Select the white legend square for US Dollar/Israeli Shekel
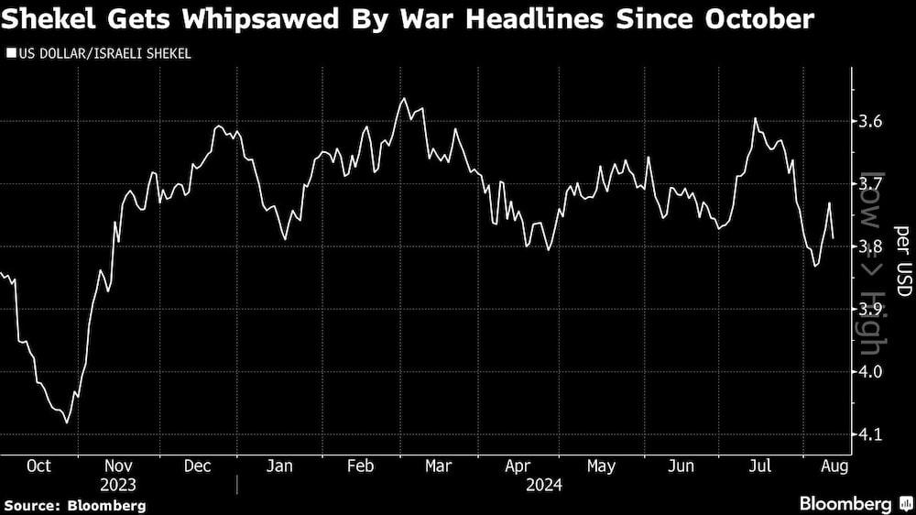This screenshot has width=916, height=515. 10,55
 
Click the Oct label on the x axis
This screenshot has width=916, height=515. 38,466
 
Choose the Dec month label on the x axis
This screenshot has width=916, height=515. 198,466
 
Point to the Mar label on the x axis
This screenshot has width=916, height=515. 438,466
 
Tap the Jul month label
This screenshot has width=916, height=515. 760,466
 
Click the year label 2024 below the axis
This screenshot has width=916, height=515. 544,485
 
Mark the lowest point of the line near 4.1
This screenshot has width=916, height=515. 68,422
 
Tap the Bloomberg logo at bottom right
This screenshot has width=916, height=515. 846,504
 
